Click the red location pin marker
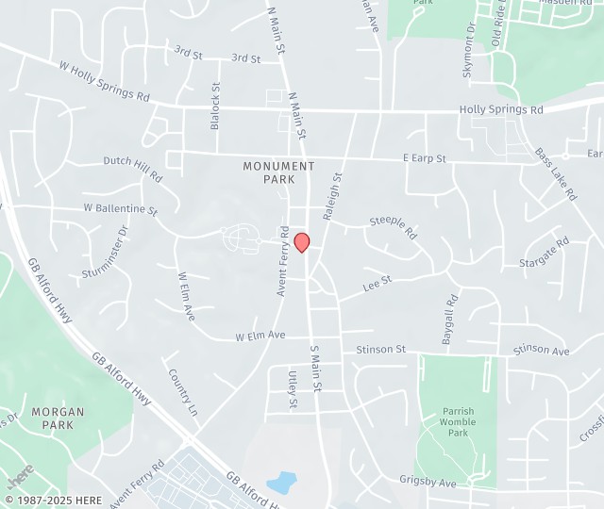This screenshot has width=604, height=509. point(302,242)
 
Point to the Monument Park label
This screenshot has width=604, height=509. point(278,172)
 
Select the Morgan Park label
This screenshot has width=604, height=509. point(57,418)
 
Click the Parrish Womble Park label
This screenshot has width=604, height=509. point(459,421)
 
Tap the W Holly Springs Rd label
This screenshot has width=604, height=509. point(104,82)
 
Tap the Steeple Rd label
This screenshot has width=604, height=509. point(394,227)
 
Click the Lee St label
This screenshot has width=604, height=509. point(378,280)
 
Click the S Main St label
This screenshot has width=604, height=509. point(316,369)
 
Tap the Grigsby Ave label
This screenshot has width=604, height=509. point(428,483)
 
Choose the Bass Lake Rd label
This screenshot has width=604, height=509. point(556,173)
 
